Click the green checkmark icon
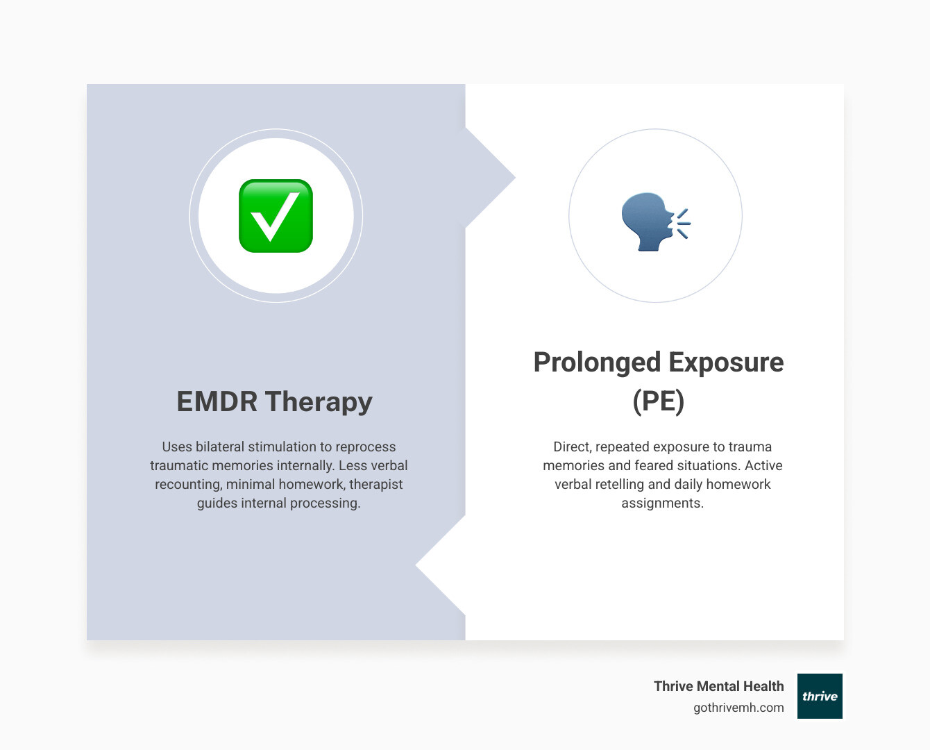[x=276, y=216]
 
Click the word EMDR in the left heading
[x=217, y=402]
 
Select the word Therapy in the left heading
[x=319, y=402]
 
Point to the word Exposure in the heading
[x=726, y=362]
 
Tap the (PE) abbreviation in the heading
[x=658, y=401]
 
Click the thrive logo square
[x=820, y=696]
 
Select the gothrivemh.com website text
[x=738, y=708]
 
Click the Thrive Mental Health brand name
[x=718, y=686]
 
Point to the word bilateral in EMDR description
[x=220, y=447]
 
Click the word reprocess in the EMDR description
[x=366, y=447]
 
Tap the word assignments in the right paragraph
[x=662, y=503]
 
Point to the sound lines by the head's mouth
[x=683, y=223]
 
